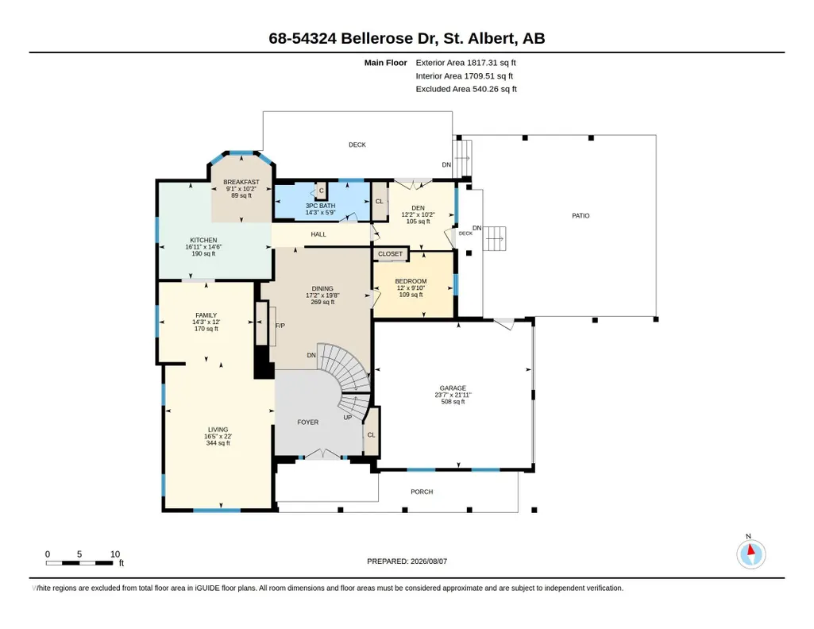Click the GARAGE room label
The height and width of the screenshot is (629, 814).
click(x=453, y=388)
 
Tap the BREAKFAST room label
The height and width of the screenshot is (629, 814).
click(x=241, y=182)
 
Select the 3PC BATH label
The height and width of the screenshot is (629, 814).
click(x=320, y=206)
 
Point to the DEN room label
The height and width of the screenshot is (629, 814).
click(x=418, y=207)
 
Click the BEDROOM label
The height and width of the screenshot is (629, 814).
click(x=411, y=281)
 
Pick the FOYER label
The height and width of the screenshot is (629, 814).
click(x=308, y=423)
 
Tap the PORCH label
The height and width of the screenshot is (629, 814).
click(x=422, y=492)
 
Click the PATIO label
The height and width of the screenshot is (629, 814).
click(x=581, y=216)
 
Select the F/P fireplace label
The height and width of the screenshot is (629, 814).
click(x=280, y=326)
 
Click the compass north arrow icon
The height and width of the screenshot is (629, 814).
click(x=750, y=554)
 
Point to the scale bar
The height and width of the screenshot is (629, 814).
click(x=79, y=563)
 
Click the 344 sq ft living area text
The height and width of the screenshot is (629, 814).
click(x=218, y=443)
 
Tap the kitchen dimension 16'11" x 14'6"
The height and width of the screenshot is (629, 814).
click(x=203, y=247)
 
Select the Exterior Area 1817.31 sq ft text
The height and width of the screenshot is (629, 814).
click(x=465, y=63)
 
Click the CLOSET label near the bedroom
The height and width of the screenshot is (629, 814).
click(x=391, y=254)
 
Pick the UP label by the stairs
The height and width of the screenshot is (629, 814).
click(x=348, y=417)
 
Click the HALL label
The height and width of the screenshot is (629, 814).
click(x=318, y=234)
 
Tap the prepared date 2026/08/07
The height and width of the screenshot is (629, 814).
click(x=429, y=561)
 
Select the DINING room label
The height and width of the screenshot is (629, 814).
click(x=322, y=288)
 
